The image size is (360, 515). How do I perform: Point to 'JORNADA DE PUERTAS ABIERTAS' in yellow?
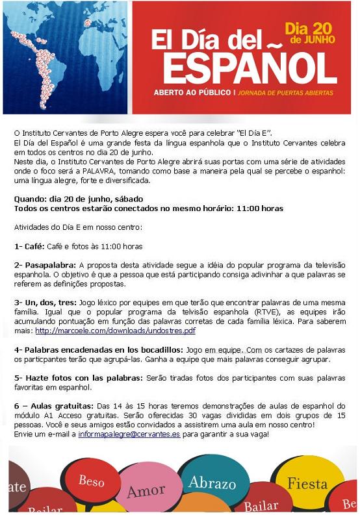(284, 93)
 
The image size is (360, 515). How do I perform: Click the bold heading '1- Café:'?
(29, 247)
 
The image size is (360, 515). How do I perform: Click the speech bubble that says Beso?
(92, 481)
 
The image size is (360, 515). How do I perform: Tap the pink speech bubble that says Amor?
(145, 491)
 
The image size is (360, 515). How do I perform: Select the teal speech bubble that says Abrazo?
(212, 483)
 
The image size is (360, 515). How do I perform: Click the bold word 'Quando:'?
(31, 199)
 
